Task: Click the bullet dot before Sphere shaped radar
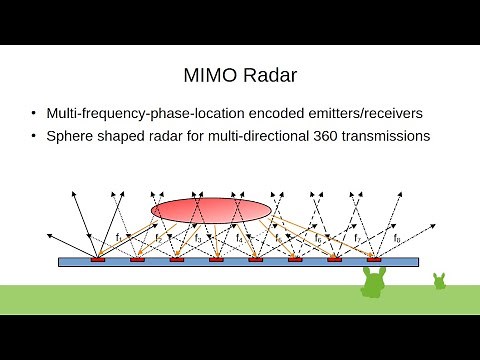pyautogui.click(x=36, y=136)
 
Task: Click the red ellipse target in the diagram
pyautogui.click(x=211, y=209)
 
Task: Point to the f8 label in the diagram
pyautogui.click(x=397, y=238)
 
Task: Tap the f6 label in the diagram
pyautogui.click(x=318, y=238)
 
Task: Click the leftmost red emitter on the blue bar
pyautogui.click(x=98, y=259)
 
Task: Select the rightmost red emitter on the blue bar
pyautogui.click(x=374, y=259)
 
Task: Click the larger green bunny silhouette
pyautogui.click(x=374, y=283)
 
